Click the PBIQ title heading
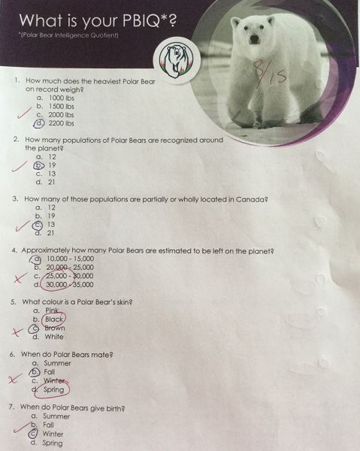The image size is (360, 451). (x=98, y=21)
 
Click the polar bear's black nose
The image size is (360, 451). (x=253, y=39)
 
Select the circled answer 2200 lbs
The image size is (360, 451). (x=54, y=123)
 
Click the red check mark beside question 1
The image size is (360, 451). (x=24, y=113)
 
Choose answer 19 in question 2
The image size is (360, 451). (x=44, y=165)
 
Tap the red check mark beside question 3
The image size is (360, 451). (x=23, y=226)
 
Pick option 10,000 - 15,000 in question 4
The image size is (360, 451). (x=62, y=259)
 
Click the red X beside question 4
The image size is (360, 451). (x=21, y=278)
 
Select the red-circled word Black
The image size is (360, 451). (x=54, y=319)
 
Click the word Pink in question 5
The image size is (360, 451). (x=52, y=310)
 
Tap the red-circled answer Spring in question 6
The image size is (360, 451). (x=52, y=390)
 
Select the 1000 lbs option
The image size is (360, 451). (x=62, y=98)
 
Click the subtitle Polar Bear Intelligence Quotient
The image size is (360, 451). (x=68, y=35)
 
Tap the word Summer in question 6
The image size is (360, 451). (x=58, y=363)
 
